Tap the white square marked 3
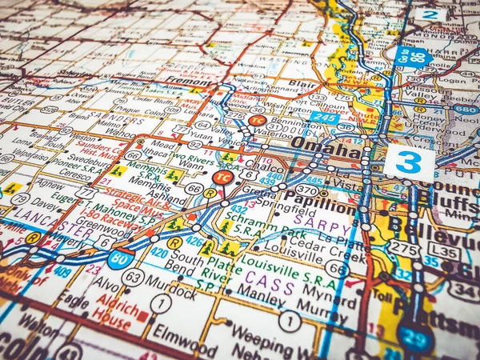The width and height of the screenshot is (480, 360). (409, 163)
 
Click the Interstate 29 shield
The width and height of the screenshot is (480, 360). (416, 337)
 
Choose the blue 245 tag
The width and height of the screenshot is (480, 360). (325, 118)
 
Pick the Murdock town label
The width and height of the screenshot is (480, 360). (170, 283)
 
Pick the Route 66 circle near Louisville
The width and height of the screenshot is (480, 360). (336, 269)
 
